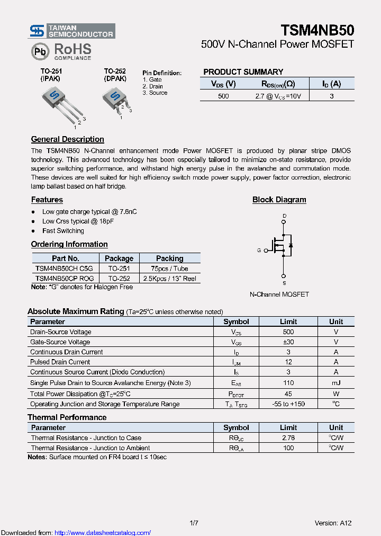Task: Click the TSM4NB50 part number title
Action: [317, 30]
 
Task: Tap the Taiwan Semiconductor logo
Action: [72, 31]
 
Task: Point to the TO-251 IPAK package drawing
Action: [60, 104]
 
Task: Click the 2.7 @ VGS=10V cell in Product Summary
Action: [278, 96]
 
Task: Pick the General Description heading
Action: [67, 139]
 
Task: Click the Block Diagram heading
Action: [279, 200]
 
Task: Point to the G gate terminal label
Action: [259, 250]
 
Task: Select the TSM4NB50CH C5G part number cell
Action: [63, 269]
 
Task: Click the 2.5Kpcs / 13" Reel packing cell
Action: [169, 278]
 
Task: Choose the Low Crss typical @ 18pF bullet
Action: [78, 221]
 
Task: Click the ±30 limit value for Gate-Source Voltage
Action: [288, 342]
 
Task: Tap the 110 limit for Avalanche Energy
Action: [288, 382]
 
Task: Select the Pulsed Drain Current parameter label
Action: [60, 362]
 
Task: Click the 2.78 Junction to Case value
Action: [288, 438]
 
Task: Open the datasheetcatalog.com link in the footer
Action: [102, 532]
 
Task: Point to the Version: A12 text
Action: [333, 523]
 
